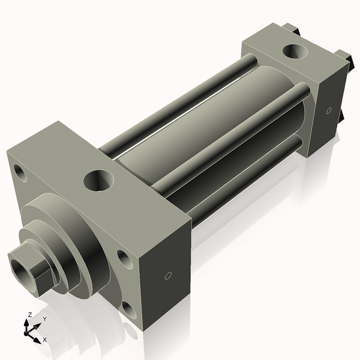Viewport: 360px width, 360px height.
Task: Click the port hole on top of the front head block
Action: click(x=99, y=180)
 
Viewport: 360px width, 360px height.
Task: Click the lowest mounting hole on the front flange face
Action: click(x=128, y=310)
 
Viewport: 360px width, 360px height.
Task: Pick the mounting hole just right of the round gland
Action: click(x=124, y=259)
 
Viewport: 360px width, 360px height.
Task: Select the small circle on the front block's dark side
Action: click(x=168, y=275)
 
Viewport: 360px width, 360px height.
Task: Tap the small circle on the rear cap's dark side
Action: click(x=328, y=110)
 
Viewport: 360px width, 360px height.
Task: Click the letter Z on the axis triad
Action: click(x=30, y=314)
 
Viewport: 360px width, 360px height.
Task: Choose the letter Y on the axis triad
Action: click(x=44, y=319)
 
